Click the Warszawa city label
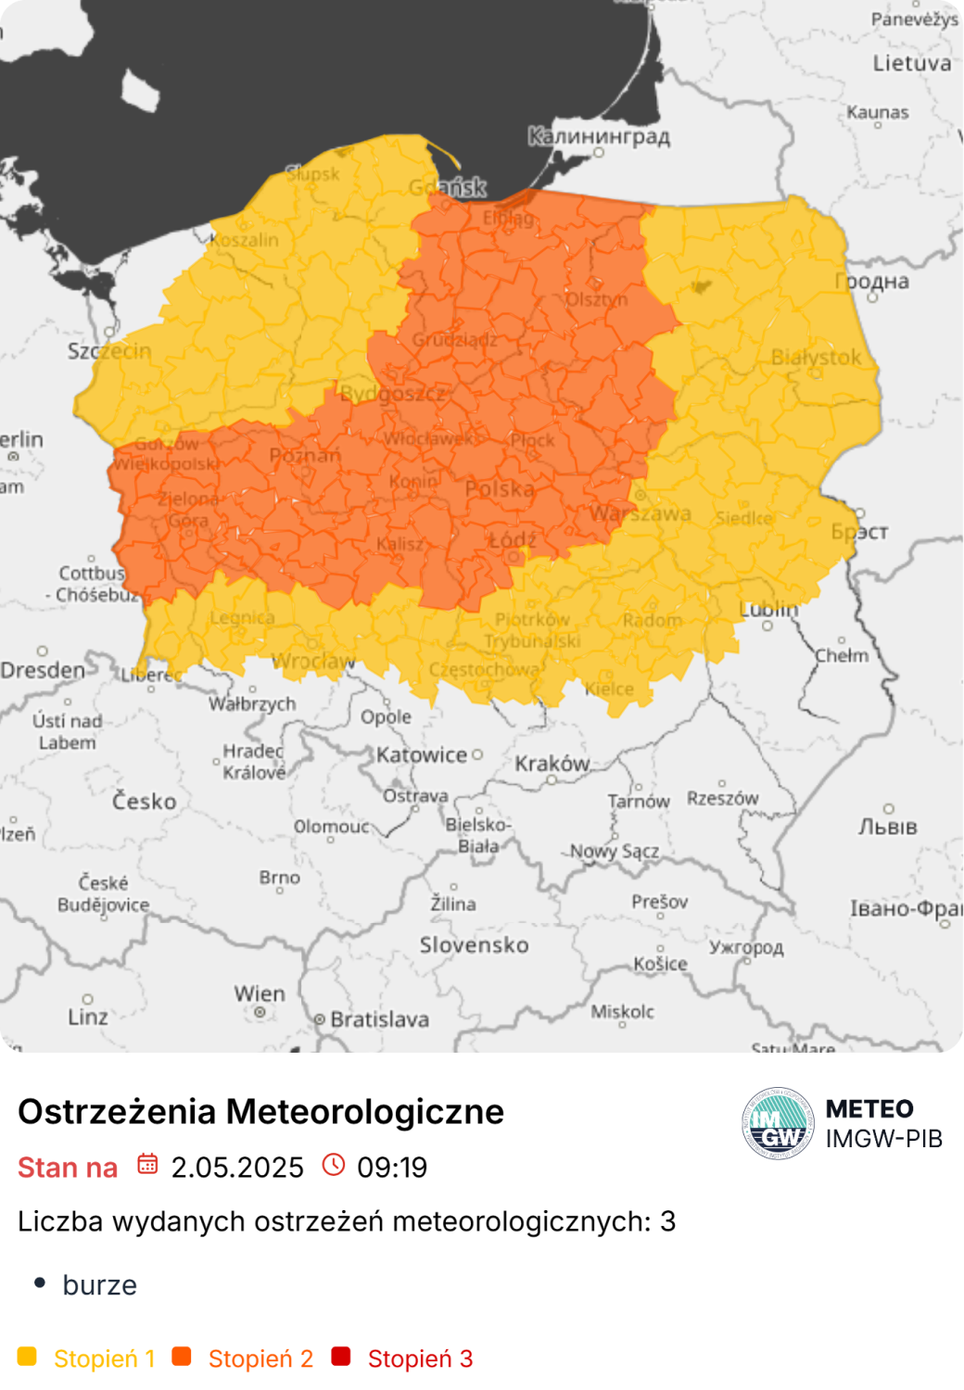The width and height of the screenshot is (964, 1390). click(x=641, y=513)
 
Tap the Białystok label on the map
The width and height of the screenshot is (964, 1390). click(x=816, y=357)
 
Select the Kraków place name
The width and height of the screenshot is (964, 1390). click(x=552, y=764)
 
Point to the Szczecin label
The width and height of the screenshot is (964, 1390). click(x=109, y=351)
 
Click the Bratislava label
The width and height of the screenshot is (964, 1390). click(x=379, y=1019)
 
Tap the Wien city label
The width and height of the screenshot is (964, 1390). click(x=260, y=993)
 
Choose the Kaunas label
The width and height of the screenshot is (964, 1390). click(x=878, y=112)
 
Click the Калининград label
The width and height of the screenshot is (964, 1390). click(x=599, y=136)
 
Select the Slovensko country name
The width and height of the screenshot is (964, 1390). click(x=474, y=945)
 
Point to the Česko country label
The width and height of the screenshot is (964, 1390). click(x=144, y=802)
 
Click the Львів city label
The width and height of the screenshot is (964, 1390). click(x=887, y=827)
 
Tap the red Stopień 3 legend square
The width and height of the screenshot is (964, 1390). click(x=341, y=1357)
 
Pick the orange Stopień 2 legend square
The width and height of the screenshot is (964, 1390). click(x=182, y=1357)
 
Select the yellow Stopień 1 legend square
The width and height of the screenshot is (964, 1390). click(x=27, y=1357)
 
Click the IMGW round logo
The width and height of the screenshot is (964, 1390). click(x=778, y=1124)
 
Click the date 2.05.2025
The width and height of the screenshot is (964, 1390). click(x=237, y=1168)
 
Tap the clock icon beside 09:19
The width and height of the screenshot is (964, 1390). click(x=334, y=1165)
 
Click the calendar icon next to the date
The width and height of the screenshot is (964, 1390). click(x=147, y=1165)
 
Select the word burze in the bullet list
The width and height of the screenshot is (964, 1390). click(x=99, y=1285)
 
